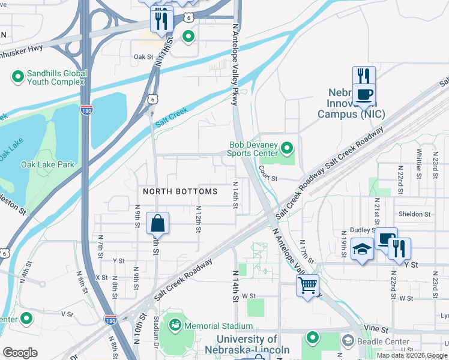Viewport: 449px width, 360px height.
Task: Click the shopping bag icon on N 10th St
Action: (157, 223)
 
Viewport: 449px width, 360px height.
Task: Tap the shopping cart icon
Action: (307, 285)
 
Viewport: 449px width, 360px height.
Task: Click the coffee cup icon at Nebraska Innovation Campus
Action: (364, 94)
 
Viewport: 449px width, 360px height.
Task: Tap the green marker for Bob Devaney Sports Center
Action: (287, 147)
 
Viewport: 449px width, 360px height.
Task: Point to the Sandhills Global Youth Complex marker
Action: (17, 77)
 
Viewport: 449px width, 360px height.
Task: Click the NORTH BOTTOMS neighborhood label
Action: (180, 191)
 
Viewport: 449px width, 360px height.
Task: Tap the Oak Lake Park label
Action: (47, 164)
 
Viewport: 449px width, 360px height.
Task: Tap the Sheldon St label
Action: (414, 214)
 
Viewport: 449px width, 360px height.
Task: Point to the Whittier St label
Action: (418, 161)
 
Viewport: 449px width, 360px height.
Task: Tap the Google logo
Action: (20, 353)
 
